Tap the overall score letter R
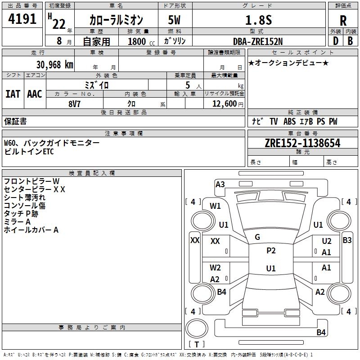pos(343,20)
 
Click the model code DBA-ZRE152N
pos(258,41)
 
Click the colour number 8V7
pos(75,103)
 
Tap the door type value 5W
pos(175,20)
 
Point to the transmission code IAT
pos(13,94)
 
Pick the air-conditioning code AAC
pos(35,94)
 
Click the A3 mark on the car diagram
pos(220,184)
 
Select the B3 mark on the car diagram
pos(347,240)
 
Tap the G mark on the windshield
pos(257,237)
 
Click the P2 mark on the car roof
pos(271,251)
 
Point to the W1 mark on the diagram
pos(216,206)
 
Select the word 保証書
pos(15,121)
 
